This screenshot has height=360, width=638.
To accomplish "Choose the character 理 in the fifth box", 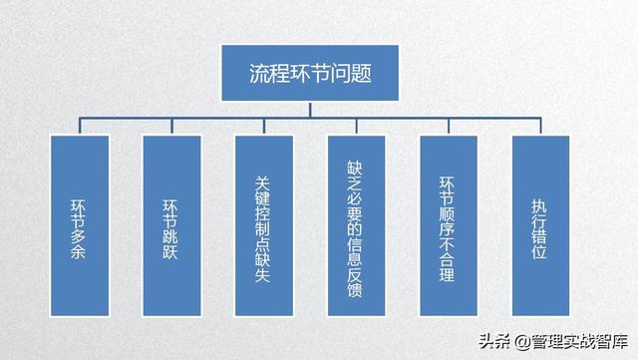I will click(448, 271).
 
